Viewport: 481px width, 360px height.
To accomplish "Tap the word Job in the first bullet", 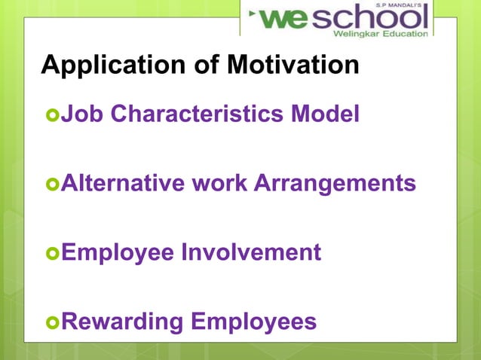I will [78, 114].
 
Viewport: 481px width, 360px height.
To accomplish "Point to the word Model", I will [328, 114].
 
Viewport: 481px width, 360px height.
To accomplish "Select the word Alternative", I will [120, 183].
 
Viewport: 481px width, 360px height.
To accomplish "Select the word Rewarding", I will [122, 322].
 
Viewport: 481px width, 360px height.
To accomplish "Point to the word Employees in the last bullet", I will [254, 322].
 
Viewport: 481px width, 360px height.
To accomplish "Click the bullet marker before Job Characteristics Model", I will [52, 116].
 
